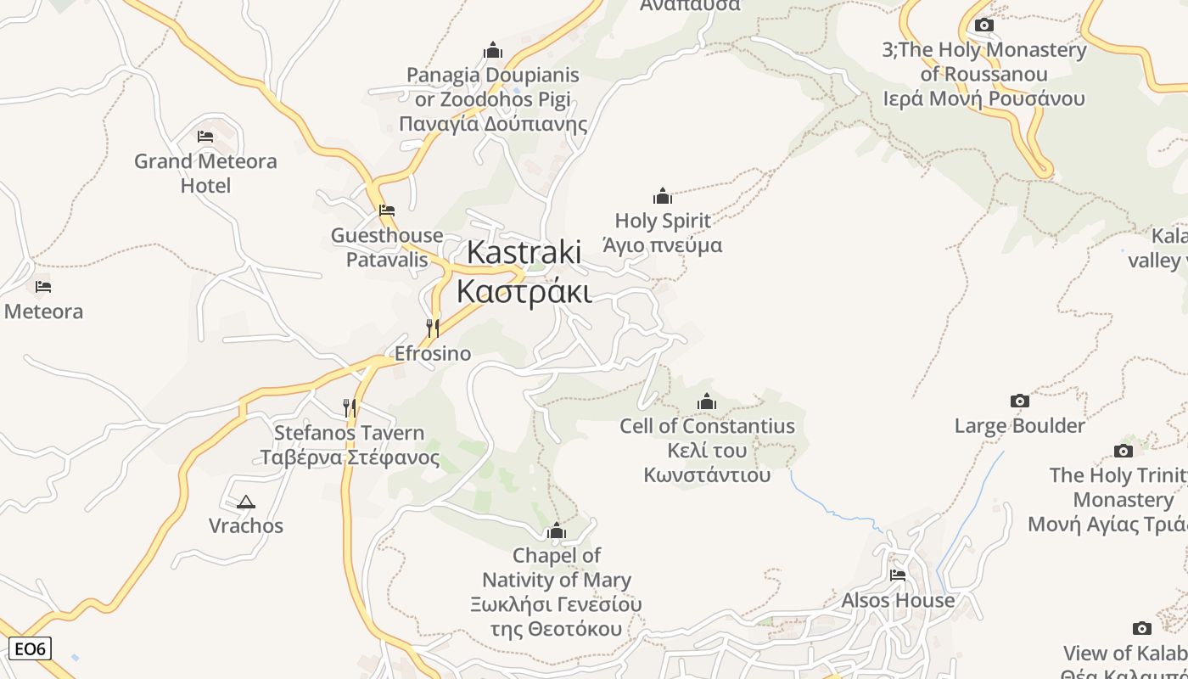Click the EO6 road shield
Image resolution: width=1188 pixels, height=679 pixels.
tap(30, 649)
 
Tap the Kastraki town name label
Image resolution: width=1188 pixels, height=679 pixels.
tap(524, 252)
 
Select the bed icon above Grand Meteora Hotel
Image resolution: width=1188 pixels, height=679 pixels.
tap(205, 136)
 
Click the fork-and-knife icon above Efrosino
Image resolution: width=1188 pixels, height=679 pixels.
tap(433, 328)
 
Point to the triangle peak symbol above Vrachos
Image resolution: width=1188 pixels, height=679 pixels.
tap(246, 502)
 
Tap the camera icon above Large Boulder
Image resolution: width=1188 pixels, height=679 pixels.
tap(1020, 401)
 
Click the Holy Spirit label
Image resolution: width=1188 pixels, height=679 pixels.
tap(663, 221)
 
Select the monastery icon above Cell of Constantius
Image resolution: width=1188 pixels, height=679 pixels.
tap(707, 401)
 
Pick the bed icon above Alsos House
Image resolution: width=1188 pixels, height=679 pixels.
tap(898, 575)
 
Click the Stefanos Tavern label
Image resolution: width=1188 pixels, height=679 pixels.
tap(349, 433)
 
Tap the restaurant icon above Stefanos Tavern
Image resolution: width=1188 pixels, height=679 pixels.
tap(349, 407)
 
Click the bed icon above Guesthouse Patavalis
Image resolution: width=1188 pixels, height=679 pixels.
tap(387, 210)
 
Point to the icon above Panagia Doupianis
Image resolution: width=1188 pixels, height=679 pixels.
tap(493, 50)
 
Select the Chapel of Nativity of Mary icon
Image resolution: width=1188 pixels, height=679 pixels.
tap(557, 531)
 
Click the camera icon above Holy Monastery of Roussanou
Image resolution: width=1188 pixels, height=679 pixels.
tap(984, 25)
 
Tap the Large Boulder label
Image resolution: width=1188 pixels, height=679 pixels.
tap(1020, 425)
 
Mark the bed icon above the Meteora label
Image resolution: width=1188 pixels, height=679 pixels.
tap(43, 287)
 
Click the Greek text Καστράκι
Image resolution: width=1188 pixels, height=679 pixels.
tap(524, 290)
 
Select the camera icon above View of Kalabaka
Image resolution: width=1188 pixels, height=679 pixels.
tap(1142, 628)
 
